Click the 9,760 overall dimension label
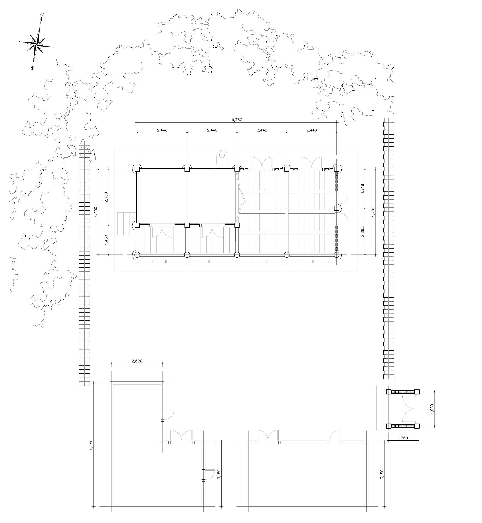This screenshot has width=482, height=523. [237, 120]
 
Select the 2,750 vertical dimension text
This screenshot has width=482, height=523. [106, 197]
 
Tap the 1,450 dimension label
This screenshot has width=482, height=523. [106, 240]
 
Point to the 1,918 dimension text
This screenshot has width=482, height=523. [362, 189]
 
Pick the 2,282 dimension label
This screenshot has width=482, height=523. [362, 231]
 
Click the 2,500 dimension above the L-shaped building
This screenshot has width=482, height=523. [137, 361]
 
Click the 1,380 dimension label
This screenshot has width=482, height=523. [403, 438]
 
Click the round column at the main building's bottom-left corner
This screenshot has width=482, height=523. [137, 254]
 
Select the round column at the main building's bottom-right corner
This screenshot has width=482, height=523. [336, 254]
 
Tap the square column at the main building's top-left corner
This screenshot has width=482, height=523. [137, 169]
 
